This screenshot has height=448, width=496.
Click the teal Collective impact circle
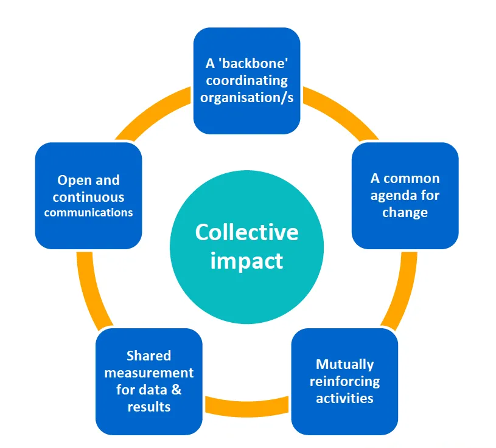pos(246,286)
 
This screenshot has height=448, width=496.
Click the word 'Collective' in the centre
pos(246,232)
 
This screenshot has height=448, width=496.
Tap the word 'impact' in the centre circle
pos(246,260)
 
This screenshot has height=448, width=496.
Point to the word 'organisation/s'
pos(246,97)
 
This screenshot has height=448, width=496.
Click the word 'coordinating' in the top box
pos(246,80)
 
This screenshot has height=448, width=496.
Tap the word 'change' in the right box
pos(405,213)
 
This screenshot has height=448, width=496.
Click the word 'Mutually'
pos(344,364)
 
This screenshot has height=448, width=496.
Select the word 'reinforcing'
pos(344,381)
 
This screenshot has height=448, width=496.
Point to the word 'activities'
pos(344,398)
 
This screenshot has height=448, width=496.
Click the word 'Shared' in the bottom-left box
pos(148,356)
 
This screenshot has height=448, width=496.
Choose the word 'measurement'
pos(148,373)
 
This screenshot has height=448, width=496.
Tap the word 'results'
pos(148,407)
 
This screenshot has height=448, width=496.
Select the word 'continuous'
pos(88,197)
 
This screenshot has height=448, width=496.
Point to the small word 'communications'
pos(88,213)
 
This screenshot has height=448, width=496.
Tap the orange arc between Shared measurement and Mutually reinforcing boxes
pos(246,406)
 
